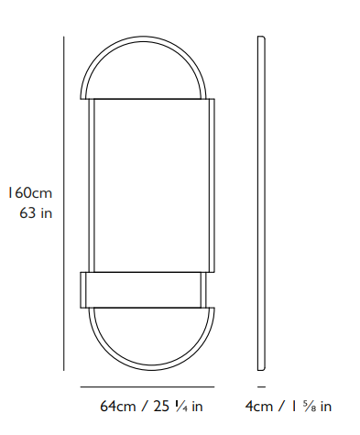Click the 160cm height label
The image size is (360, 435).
click(x=30, y=193)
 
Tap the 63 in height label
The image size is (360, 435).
click(x=36, y=212)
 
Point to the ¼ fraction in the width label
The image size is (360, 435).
click(x=181, y=407)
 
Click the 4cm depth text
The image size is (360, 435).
click(x=259, y=407)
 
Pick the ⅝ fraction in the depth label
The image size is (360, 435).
click(x=310, y=407)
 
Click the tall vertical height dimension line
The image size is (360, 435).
click(x=64, y=203)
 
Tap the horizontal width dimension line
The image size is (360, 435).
click(x=147, y=387)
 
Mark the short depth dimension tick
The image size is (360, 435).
click(x=261, y=387)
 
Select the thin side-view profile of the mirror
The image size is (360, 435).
click(x=261, y=203)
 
